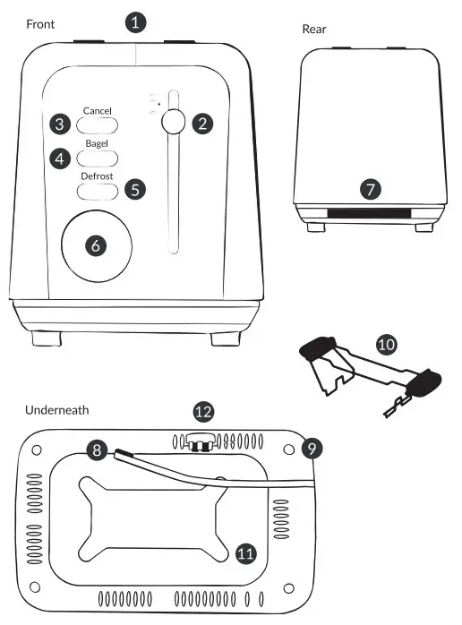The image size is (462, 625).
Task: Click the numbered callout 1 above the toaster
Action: coord(135,22)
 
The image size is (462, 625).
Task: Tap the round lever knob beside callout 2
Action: coord(174,121)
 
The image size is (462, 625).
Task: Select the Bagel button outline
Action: coord(97,158)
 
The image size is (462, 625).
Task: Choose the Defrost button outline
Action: coord(98,192)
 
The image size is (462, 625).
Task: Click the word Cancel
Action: coord(97,111)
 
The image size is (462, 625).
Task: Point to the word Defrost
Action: coord(97,176)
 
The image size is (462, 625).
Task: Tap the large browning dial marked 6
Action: coord(97,246)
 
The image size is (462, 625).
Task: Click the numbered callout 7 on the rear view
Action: coord(371,189)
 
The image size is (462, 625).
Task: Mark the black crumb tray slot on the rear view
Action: coord(369,213)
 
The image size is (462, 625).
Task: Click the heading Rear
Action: coord(314,29)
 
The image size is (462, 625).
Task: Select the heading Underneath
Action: coord(56,410)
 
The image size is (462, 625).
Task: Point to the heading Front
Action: coord(40,24)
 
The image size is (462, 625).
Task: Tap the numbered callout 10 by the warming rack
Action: coord(386,345)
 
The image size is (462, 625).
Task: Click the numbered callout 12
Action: coord(204,411)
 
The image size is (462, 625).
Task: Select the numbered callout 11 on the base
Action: coord(245,553)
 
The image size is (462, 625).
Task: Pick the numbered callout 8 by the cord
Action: coord(97,450)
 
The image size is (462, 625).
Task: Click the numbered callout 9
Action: coord(312,449)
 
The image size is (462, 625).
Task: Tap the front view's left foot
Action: coord(47,338)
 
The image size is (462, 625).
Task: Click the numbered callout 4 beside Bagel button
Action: coord(60,158)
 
